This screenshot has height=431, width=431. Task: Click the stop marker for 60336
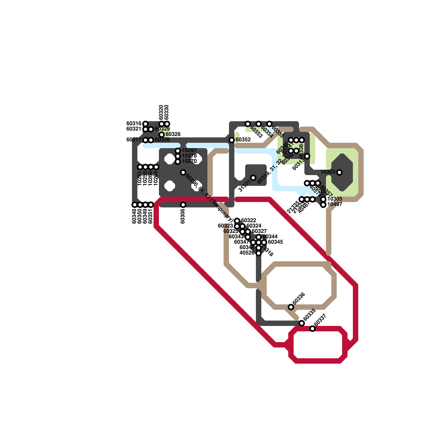tap(291, 307)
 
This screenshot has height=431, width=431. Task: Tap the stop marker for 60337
tap(312, 329)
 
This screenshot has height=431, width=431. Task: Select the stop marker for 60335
tap(302, 323)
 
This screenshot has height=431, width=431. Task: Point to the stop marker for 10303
tap(339, 172)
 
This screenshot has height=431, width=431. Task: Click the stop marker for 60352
tap(232, 140)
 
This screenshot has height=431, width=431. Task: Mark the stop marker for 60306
tap(183, 205)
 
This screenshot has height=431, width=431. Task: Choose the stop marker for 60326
tap(162, 135)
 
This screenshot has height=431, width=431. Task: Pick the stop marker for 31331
tap(253, 178)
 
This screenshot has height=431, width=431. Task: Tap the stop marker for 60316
tap(145, 124)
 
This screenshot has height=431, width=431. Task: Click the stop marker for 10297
tap(178, 151)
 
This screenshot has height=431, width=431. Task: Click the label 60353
tap(256, 132)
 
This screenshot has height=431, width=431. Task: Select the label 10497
tap(335, 204)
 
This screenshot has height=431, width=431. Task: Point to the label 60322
tap(248, 221)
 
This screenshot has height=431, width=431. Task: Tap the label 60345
tap(275, 242)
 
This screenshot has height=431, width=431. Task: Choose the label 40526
tap(247, 253)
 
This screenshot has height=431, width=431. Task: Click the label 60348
tap(134, 216)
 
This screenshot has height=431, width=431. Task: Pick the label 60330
tap(167, 112)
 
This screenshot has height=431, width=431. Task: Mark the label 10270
tap(189, 161)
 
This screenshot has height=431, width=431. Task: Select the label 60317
tap(134, 140)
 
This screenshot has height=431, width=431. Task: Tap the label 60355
tap(278, 132)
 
